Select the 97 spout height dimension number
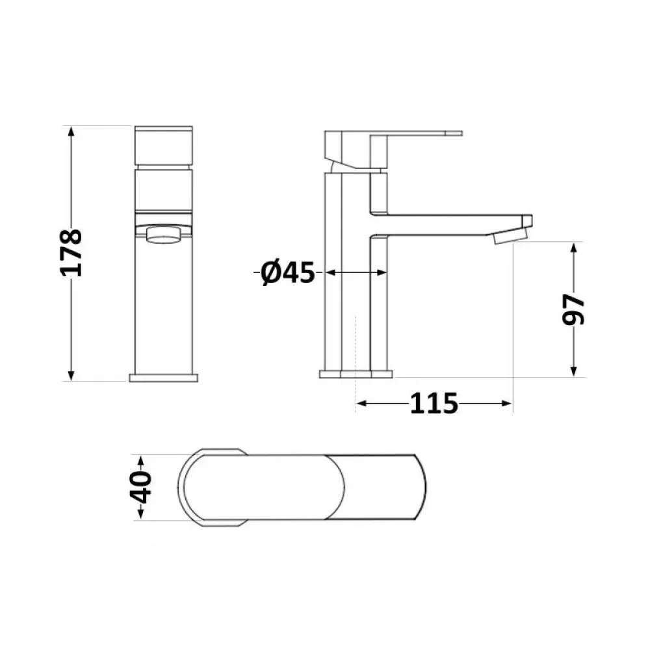pos(573,309)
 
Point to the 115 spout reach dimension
pos(434,404)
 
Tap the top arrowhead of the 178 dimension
pos(71,130)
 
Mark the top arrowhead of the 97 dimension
pos(573,248)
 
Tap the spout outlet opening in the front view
pos(163,234)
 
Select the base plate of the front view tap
pos(163,378)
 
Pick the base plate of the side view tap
pos(356,374)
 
